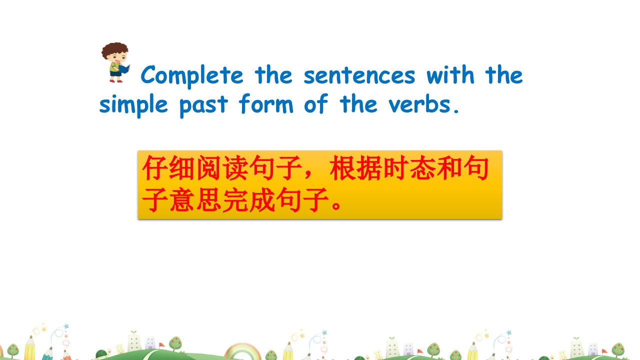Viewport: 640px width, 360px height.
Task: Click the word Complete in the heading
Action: [x=191, y=75]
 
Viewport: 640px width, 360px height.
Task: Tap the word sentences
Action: [x=359, y=75]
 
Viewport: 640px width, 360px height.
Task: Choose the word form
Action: [x=266, y=103]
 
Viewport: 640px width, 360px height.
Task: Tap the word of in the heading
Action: [x=315, y=103]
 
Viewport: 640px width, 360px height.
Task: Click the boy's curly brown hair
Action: [x=115, y=50]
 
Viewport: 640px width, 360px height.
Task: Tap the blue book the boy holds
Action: [x=124, y=69]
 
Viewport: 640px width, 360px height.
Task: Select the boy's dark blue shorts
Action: [x=115, y=73]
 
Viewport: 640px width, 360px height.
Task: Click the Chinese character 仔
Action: [x=154, y=168]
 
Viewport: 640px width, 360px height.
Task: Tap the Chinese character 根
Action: [x=342, y=168]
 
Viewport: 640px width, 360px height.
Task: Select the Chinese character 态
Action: [x=422, y=168]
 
